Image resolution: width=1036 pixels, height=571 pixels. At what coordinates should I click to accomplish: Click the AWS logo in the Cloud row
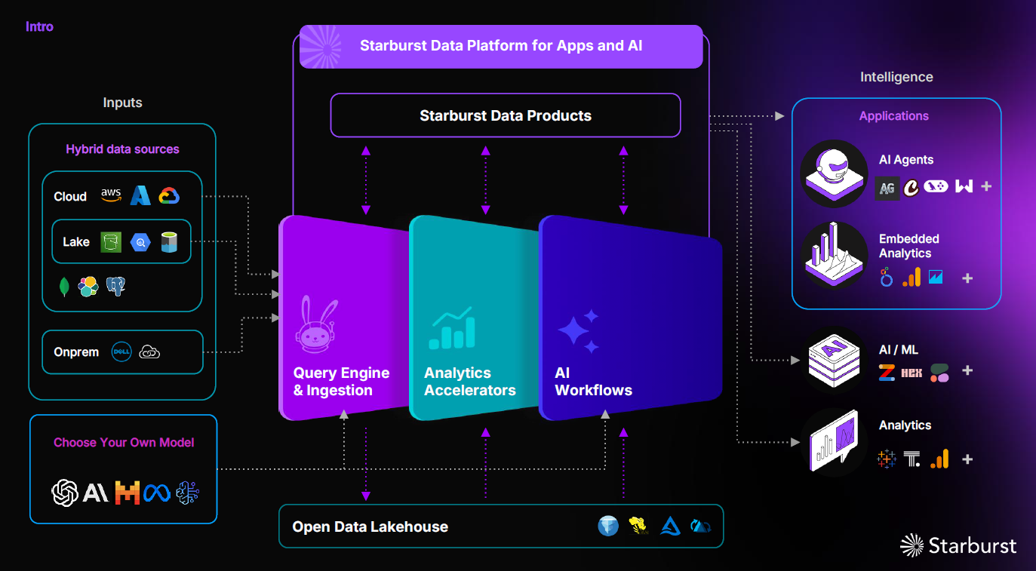point(111,195)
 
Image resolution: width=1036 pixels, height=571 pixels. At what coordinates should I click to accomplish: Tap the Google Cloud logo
point(169,195)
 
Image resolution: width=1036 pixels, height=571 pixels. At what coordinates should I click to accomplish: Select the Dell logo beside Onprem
point(121,352)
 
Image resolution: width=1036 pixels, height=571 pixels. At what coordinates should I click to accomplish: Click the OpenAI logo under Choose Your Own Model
point(65,493)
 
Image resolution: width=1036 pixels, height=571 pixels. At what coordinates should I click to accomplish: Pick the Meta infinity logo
point(157,493)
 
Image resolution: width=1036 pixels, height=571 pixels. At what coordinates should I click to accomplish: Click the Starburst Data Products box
point(505,115)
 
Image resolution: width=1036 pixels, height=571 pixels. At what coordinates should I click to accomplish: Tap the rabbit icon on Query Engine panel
point(316,324)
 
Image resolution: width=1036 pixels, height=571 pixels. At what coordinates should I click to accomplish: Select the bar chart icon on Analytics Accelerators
point(452,328)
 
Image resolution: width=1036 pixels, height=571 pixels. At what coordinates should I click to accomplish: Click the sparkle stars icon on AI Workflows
point(579,331)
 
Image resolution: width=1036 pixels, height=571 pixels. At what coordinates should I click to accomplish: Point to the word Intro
point(39,26)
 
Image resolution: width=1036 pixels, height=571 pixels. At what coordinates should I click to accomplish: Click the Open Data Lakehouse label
point(370,526)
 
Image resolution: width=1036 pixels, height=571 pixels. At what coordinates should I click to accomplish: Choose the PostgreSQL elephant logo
point(115,286)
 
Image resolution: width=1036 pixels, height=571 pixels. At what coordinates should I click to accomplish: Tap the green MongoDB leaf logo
point(64,287)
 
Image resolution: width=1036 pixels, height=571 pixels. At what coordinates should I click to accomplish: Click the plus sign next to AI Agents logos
point(986,186)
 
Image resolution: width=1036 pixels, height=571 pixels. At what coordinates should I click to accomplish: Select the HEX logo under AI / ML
point(911,373)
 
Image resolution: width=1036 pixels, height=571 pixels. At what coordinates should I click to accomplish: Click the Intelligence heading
point(896,77)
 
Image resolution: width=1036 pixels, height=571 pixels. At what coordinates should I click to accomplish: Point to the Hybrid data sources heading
point(122,149)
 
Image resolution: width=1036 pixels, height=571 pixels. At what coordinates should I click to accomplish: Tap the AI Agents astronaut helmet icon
point(834,173)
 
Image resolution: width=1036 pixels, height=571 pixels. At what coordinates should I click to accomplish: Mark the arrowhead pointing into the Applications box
point(779,116)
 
